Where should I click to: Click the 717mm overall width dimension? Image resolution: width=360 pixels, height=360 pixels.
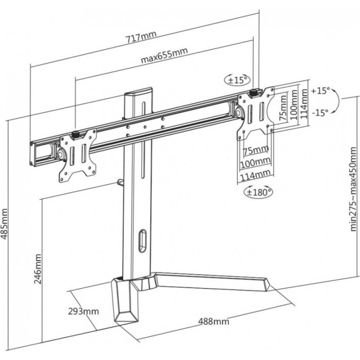(x=140, y=36)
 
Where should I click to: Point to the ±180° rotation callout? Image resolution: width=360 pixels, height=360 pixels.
(x=258, y=192)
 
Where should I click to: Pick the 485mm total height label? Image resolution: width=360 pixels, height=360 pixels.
(x=5, y=224)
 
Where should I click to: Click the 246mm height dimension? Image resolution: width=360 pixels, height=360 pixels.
(x=38, y=269)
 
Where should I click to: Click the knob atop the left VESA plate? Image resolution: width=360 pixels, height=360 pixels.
(x=75, y=134)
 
